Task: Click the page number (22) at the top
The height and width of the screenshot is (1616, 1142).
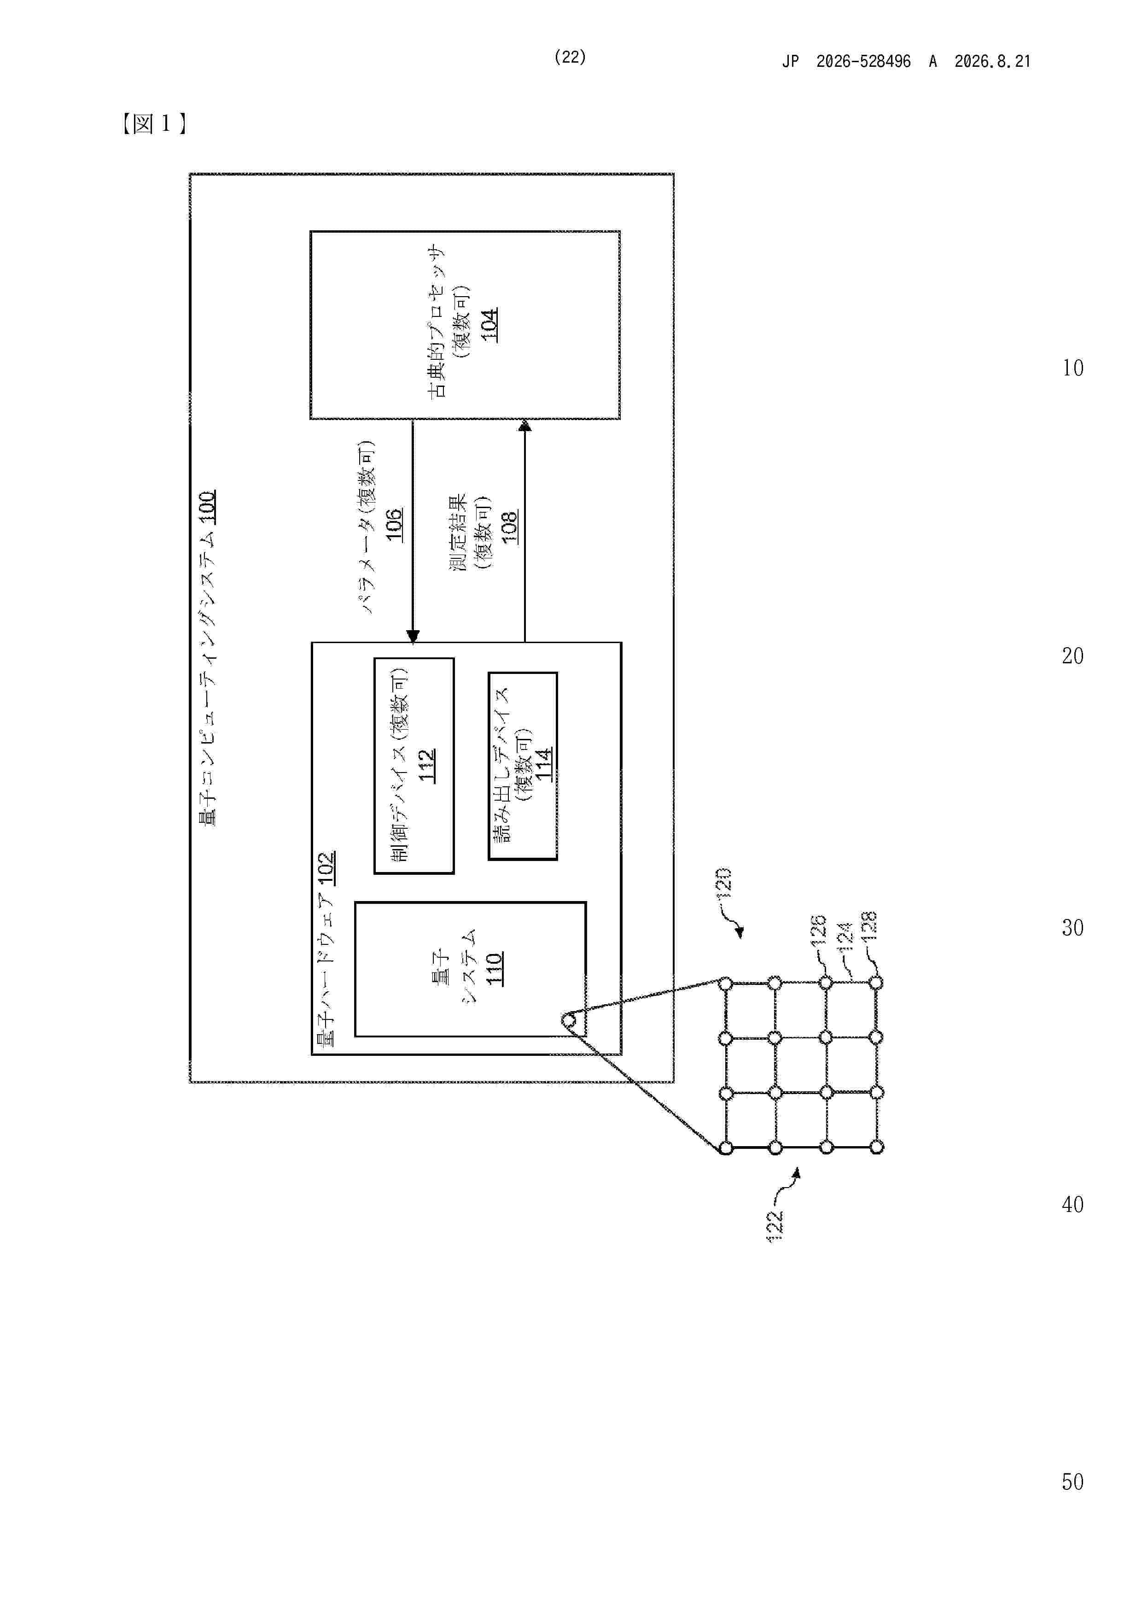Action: (570, 57)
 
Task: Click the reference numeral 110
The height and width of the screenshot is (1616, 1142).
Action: (494, 968)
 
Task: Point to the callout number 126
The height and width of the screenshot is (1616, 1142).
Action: (818, 930)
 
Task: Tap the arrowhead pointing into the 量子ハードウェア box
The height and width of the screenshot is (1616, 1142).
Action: (413, 636)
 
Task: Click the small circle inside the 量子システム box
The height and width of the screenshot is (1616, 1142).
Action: (569, 1020)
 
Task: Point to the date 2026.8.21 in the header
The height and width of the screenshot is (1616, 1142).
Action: (992, 61)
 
